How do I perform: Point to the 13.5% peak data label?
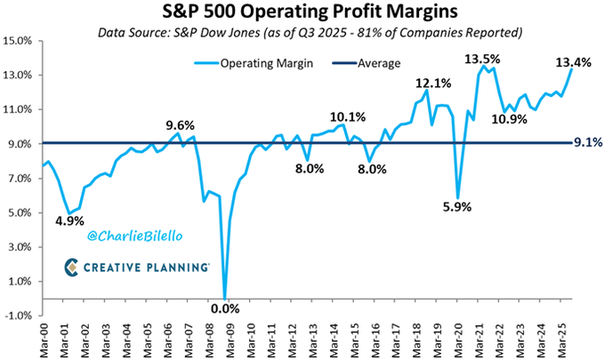481,60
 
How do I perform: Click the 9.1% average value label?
585,140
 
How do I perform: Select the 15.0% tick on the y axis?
19,41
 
